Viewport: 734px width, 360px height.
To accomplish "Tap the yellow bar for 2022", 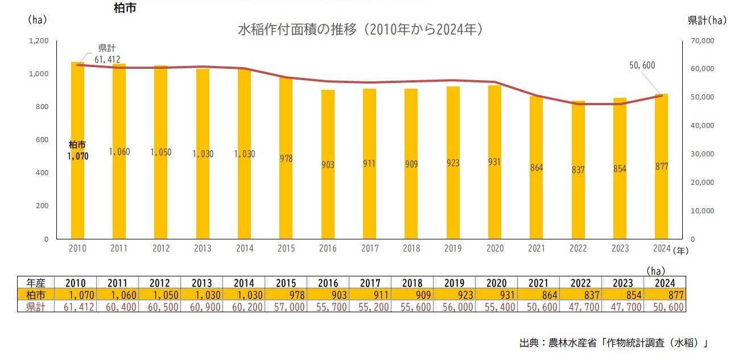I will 578,199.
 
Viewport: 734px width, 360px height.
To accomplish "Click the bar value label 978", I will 286,159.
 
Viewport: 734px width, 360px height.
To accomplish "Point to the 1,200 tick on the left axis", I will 39,41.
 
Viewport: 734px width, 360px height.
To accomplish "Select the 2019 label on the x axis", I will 453,249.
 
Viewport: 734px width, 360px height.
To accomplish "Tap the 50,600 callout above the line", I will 642,65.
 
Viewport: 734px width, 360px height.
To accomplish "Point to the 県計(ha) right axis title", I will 707,20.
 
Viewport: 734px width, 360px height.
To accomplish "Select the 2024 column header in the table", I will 664,283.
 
